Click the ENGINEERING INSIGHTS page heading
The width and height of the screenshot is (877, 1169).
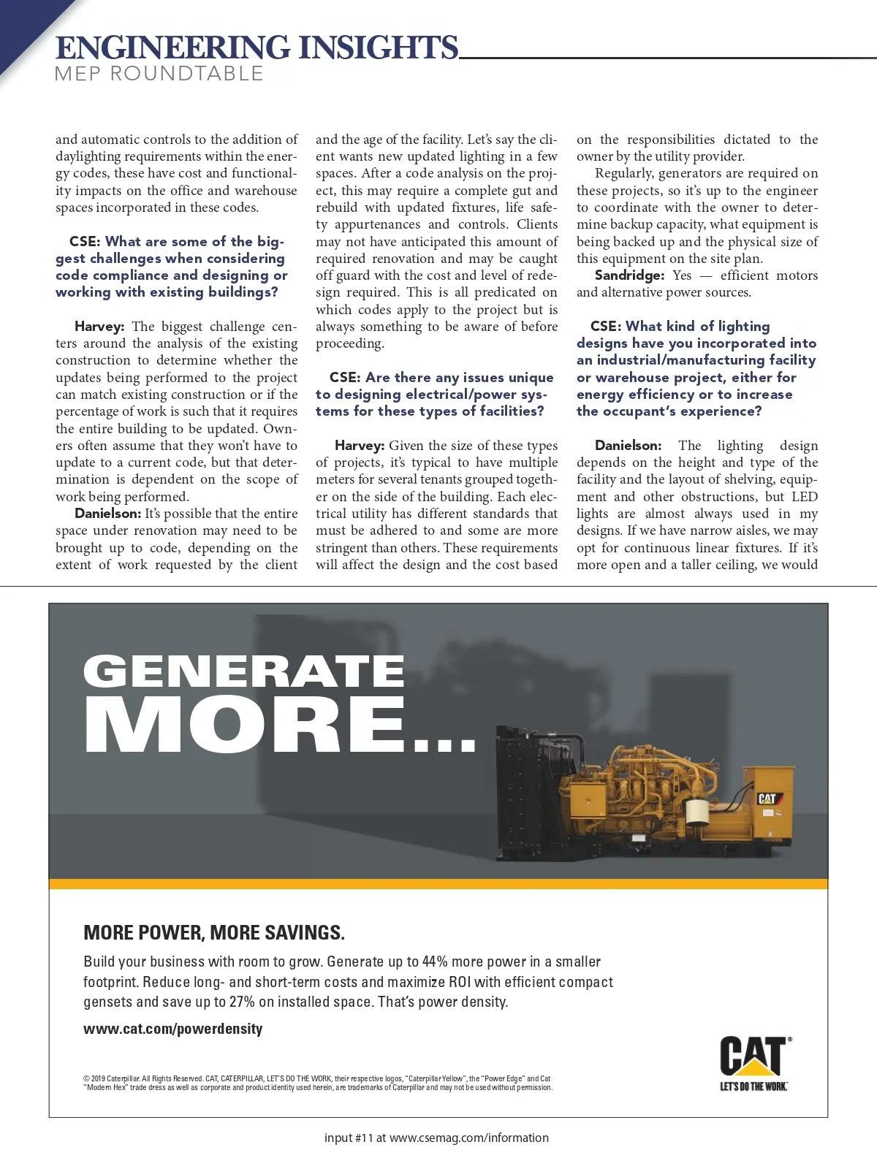click(257, 47)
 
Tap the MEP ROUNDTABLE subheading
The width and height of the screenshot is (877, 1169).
click(159, 74)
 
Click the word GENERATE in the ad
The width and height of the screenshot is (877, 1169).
click(243, 671)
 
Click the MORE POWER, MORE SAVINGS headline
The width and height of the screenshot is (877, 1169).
click(213, 932)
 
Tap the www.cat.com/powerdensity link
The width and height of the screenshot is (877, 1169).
click(172, 1029)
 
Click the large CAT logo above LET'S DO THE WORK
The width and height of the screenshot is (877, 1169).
click(753, 1056)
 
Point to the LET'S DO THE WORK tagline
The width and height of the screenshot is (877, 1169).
click(753, 1086)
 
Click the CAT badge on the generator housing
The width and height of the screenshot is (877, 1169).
click(767, 799)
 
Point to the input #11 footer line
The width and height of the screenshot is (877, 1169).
click(436, 1138)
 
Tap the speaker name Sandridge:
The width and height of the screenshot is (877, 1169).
click(629, 275)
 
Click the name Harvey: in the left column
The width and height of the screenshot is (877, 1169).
click(99, 327)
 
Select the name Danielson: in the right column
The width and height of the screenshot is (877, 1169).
click(628, 446)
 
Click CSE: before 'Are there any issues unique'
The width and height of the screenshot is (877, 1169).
click(345, 378)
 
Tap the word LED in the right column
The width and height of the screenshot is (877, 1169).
click(804, 497)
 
